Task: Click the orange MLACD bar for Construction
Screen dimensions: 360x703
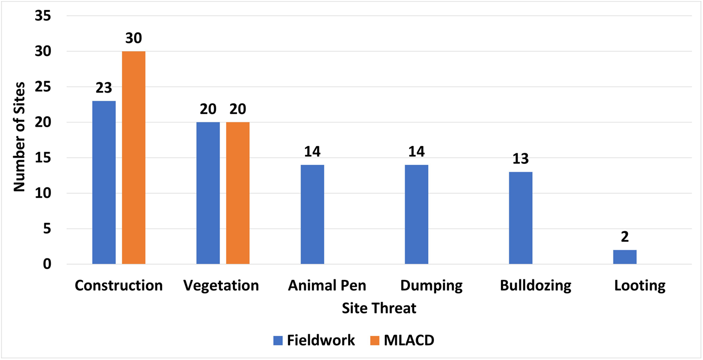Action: pos(133,157)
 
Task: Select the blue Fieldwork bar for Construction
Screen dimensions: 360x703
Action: pos(104,182)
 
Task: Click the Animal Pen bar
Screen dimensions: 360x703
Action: pos(313,214)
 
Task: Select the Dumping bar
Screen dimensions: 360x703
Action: pos(417,214)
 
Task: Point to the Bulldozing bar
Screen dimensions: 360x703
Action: pos(520,218)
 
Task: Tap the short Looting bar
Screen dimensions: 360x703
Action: pos(624,257)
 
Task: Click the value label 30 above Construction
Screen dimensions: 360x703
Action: pos(133,39)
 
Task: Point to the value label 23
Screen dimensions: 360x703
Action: pos(104,88)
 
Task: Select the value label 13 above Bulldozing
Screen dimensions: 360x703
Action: pos(520,159)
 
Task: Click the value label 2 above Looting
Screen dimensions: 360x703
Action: pos(624,237)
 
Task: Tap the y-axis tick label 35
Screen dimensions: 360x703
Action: pos(43,16)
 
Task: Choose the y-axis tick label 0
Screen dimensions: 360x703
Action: pos(47,264)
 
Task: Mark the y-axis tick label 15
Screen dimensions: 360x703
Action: pos(43,158)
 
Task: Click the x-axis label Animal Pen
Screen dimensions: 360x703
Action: pos(327,286)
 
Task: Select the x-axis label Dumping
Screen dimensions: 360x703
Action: pos(431,286)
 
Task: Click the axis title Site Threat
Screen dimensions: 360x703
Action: pos(379,308)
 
